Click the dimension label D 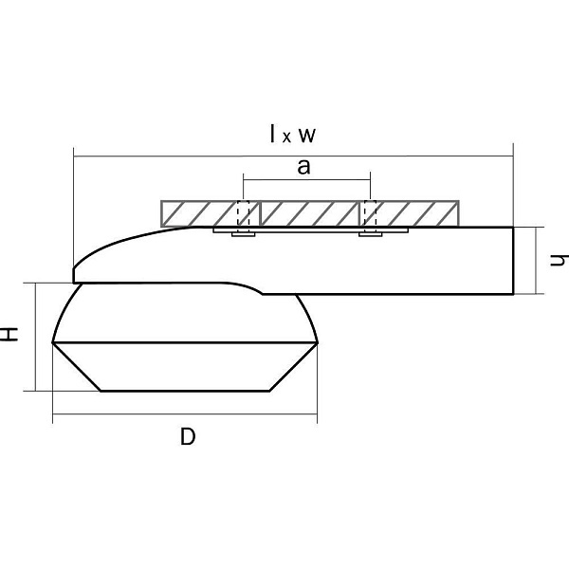point(188,436)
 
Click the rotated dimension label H point(9,334)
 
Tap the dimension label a point(303,167)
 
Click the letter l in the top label point(273,133)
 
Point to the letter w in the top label point(307,136)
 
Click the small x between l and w point(286,138)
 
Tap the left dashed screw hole point(243,213)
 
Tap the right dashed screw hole point(370,213)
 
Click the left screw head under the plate point(244,235)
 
